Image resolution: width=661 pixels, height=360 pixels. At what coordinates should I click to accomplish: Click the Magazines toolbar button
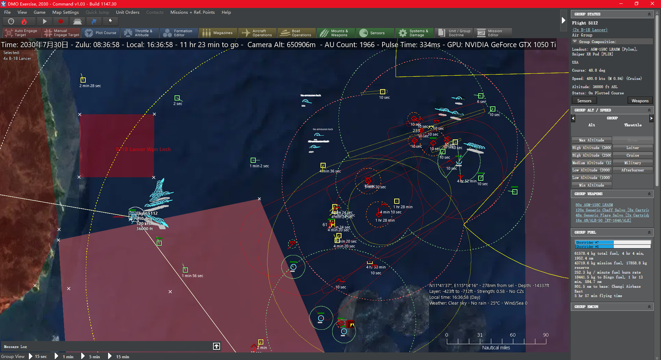218,33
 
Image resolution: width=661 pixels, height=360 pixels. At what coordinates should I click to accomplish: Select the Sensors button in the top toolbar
373,33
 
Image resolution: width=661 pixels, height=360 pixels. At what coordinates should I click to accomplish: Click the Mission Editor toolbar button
492,33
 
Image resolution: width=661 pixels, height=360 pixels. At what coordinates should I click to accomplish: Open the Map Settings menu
65,12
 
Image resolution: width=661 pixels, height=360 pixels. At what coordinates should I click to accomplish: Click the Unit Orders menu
127,12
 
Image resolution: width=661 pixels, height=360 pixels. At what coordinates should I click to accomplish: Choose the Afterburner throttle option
632,170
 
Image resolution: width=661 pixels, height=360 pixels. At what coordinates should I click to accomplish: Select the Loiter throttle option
632,148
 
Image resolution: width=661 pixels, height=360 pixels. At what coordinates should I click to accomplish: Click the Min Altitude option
591,185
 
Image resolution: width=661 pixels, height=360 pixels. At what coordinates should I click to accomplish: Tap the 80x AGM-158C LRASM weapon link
594,205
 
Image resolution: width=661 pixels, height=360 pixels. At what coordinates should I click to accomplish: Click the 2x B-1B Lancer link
590,30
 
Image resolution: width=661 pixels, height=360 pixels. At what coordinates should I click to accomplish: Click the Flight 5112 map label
147,213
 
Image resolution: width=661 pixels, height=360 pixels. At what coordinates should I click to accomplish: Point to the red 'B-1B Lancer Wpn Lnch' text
143,149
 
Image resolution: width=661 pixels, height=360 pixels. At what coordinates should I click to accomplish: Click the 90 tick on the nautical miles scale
546,335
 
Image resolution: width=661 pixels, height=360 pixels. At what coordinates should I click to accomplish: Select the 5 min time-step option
94,357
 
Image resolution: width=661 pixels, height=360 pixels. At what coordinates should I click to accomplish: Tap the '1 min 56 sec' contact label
192,276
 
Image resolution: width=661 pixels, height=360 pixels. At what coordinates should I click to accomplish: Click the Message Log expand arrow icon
217,346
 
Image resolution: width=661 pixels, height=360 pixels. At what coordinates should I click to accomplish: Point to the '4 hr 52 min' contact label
466,181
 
